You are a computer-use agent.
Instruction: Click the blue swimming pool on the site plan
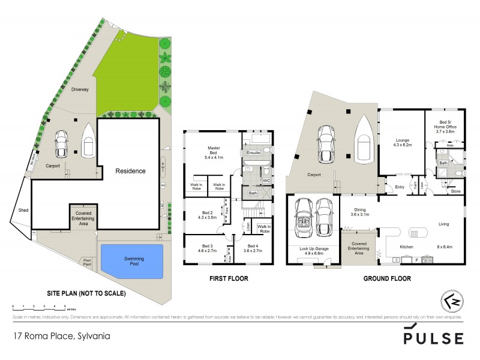[131, 262]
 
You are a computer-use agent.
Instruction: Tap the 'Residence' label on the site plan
[130, 171]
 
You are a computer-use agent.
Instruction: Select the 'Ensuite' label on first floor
[254, 154]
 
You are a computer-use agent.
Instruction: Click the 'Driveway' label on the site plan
[80, 89]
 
